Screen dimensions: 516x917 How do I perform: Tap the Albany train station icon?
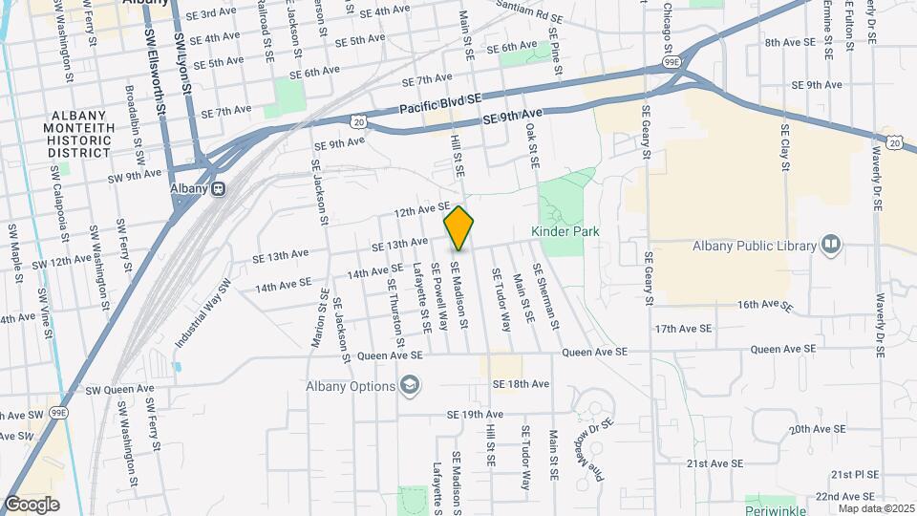(x=219, y=188)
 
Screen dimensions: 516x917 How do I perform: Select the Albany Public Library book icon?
(x=830, y=246)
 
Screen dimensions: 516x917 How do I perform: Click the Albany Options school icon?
(x=410, y=386)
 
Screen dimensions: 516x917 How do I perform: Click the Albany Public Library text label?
(x=748, y=246)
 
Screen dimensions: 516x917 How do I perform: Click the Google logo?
(x=31, y=505)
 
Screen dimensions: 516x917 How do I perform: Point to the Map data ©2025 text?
(x=875, y=508)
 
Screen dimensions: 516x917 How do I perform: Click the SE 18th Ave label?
(x=521, y=383)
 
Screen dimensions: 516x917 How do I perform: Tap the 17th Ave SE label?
(x=684, y=328)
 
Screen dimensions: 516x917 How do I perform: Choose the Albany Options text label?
(x=350, y=387)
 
